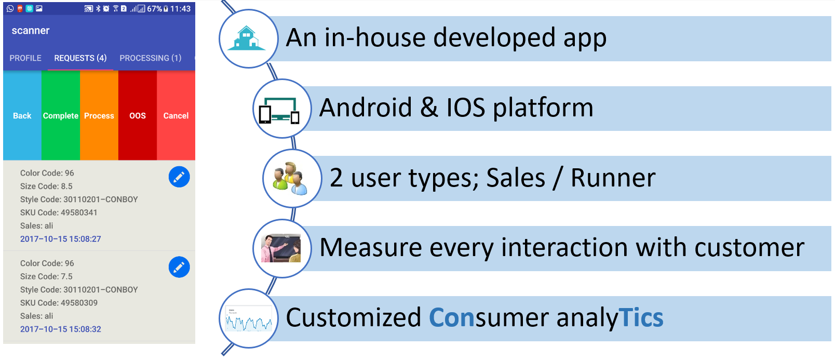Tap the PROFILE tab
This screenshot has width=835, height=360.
pos(25,58)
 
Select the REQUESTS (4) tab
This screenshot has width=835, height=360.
pos(80,58)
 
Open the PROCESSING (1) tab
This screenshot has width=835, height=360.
pos(151,58)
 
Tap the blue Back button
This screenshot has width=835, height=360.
pos(22,115)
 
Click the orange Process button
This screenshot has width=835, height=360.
pos(99,115)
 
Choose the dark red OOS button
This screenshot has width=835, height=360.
pos(138,115)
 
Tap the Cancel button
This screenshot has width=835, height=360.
pos(176,115)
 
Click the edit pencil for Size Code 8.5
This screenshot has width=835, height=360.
pos(179,177)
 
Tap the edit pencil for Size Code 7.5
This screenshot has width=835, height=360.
pos(179,267)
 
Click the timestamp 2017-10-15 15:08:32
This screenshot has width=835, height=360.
pos(60,329)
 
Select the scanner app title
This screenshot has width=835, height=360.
pos(31,31)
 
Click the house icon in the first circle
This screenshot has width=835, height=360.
pos(247,38)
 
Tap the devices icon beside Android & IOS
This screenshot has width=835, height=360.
pos(279,110)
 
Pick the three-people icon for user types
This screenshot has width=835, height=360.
pos(290,178)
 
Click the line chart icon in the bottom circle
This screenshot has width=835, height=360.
pos(249,318)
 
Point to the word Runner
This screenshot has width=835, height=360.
pos(613,178)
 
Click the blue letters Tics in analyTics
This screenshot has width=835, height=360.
pos(641,317)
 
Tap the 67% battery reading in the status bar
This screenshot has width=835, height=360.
pos(155,9)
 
